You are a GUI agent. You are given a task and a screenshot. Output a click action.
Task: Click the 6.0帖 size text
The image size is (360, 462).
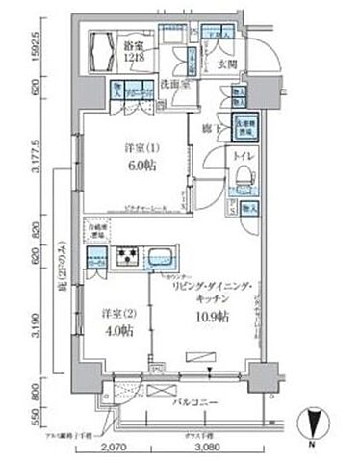(x=134, y=164)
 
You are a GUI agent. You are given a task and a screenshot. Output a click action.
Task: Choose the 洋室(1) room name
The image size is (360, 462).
(x=134, y=147)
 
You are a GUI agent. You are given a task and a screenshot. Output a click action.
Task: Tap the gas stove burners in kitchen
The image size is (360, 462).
(x=127, y=257)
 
